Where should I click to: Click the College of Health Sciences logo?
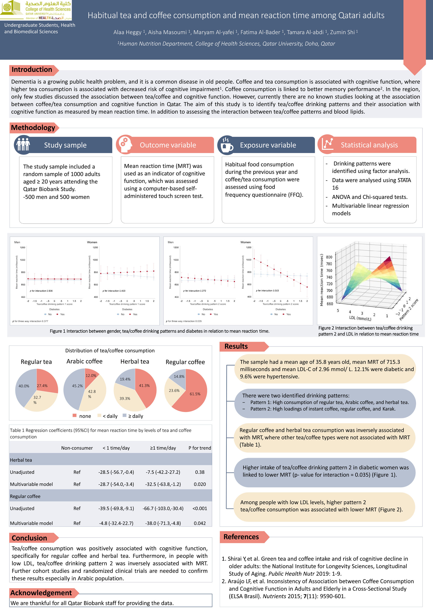tap(36, 10)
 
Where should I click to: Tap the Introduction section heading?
tap(32, 70)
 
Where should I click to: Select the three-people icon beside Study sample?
tap(23, 145)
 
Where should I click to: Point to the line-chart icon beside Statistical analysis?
tap(327, 144)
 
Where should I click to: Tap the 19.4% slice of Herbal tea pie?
tap(125, 379)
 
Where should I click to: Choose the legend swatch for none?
tap(75, 416)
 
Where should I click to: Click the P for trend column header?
tap(199, 448)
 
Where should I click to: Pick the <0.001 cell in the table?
tap(199, 508)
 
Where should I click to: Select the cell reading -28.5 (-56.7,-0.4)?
tap(116, 472)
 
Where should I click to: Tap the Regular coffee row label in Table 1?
tap(25, 496)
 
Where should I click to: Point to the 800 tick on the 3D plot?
tap(329, 257)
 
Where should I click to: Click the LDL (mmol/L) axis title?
tap(360, 318)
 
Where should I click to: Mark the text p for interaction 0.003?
tap(267, 290)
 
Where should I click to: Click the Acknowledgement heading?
tap(41, 593)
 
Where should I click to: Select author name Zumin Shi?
tap(342, 32)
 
